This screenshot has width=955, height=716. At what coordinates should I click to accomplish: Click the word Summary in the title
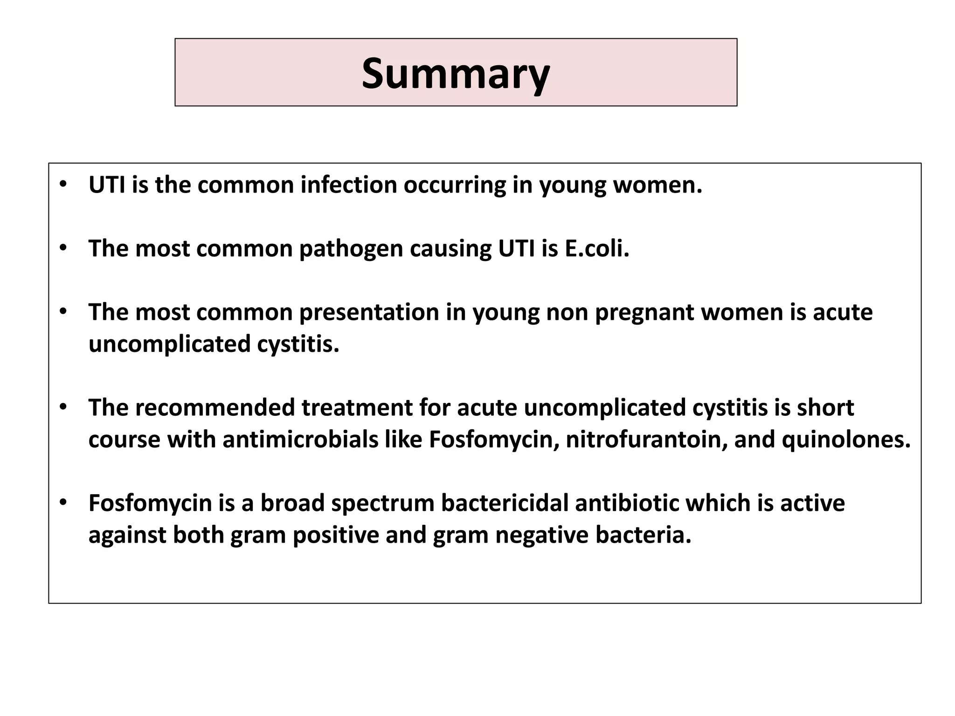coord(456,74)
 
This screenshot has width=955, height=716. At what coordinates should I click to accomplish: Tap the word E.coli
coord(597,248)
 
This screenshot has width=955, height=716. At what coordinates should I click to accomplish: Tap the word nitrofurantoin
coord(646,440)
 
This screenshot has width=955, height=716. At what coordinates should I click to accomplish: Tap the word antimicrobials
coord(300,440)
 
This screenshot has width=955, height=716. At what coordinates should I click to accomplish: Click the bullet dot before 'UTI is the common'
coord(63,184)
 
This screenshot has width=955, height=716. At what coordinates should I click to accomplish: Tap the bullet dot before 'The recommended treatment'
coord(63,407)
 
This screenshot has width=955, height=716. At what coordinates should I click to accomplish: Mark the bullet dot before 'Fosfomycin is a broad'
coord(63,503)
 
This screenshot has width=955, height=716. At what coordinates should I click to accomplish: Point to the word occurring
coord(455,186)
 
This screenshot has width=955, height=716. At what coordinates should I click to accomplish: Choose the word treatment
coord(357,407)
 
